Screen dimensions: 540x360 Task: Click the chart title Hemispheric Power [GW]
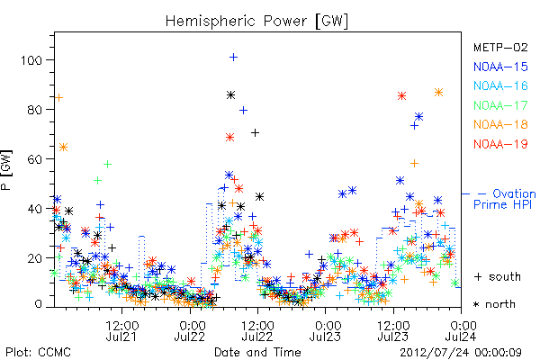[x=256, y=22]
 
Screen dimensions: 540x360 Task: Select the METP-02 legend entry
[x=500, y=47]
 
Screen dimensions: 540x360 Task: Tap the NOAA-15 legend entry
[x=500, y=67]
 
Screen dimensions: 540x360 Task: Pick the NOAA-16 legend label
[x=500, y=85]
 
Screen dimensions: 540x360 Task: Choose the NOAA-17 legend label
[x=500, y=105]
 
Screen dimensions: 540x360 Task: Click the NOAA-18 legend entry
[x=500, y=124]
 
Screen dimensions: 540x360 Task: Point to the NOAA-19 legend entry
[x=500, y=144]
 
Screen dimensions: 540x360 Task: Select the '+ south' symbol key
[x=498, y=276]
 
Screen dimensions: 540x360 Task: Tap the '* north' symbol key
[x=494, y=304]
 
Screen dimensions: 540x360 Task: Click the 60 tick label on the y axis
[x=34, y=159]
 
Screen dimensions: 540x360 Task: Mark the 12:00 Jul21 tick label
[x=121, y=330]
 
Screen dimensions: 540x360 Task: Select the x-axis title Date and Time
[x=257, y=352]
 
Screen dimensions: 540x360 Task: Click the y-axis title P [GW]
[x=6, y=170]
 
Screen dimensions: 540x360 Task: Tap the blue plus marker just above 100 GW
[x=233, y=58]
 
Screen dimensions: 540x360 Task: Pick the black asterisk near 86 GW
[x=230, y=95]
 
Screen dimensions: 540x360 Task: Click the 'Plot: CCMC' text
[x=38, y=352]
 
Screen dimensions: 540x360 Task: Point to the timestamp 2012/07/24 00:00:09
[x=461, y=353]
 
